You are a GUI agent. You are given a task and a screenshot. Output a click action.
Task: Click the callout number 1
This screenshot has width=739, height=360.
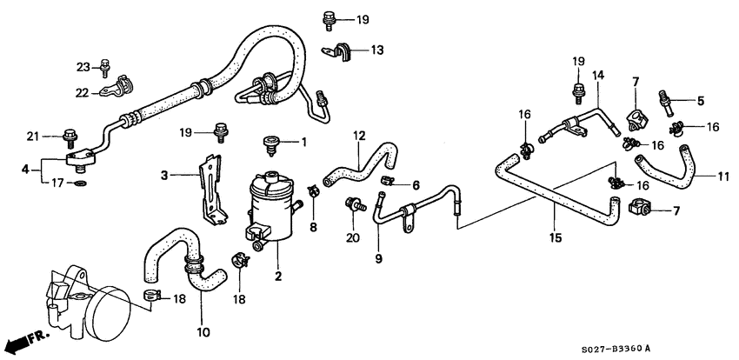pos(304,142)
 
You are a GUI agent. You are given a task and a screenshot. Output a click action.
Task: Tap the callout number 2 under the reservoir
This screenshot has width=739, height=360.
pos(277,277)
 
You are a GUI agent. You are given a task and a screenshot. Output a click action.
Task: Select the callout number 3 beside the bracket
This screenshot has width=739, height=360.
pos(163,175)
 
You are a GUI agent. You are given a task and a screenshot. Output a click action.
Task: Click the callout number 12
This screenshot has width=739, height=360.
pos(358,136)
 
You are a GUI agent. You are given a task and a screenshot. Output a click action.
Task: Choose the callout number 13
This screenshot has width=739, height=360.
pos(376,50)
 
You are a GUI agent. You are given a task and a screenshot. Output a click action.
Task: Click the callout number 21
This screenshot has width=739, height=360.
pos(33,135)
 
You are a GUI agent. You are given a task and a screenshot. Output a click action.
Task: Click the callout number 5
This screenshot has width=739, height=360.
pos(701,100)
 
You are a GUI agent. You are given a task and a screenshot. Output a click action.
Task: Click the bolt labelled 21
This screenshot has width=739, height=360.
pos(69,135)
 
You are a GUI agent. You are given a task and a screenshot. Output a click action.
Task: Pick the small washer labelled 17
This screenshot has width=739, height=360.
pos(81,184)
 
